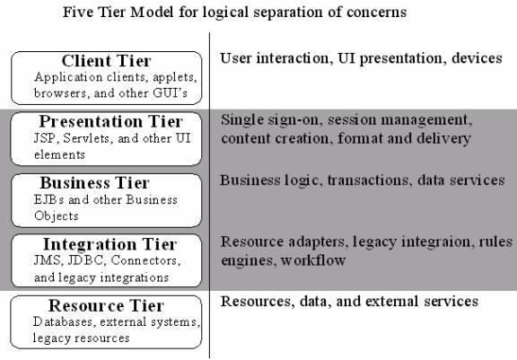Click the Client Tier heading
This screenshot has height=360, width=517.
click(106, 61)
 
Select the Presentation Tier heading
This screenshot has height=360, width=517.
click(110, 121)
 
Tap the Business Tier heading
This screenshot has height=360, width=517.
click(94, 182)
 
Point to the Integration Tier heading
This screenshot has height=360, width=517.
click(110, 244)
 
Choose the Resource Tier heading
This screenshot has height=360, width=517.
click(106, 305)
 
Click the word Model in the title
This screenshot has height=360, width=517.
click(152, 13)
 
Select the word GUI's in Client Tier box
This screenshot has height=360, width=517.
click(171, 93)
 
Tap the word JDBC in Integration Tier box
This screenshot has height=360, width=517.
click(86, 260)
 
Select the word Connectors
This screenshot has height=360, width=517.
click(145, 260)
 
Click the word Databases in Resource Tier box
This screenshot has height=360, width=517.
click(63, 321)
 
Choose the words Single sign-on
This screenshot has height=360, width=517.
click(270, 120)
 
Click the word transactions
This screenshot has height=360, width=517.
click(370, 180)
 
